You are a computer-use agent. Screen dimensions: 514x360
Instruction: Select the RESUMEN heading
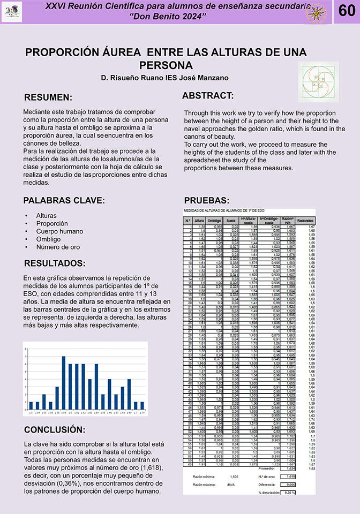[48, 97]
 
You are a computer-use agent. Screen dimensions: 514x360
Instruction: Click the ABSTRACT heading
[208, 96]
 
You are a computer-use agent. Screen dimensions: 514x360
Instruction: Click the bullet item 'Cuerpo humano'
[60, 231]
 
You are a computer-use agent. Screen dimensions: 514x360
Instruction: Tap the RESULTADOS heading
[55, 263]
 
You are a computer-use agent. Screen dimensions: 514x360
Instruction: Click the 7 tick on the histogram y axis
[25, 357]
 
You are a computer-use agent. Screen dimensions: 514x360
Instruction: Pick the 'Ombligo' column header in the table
[214, 220]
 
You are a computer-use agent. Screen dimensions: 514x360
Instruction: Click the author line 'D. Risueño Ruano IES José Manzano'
[164, 78]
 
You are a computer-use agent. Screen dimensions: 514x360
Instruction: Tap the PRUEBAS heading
[207, 201]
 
